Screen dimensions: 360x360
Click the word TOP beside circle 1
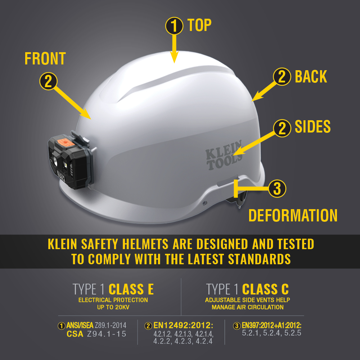(199, 25)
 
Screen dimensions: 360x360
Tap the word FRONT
(45, 59)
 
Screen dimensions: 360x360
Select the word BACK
(311, 76)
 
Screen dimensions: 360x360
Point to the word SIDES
(312, 126)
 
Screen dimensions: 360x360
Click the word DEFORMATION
(293, 215)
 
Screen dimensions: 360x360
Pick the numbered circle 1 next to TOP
(174, 26)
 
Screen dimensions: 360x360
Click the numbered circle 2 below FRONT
(48, 81)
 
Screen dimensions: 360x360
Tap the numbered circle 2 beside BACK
(282, 77)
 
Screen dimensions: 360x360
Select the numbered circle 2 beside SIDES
(282, 129)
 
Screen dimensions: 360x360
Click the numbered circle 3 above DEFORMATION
(277, 189)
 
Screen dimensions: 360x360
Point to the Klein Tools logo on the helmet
(224, 155)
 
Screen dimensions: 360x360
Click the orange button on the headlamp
(66, 142)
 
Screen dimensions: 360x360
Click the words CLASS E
(131, 289)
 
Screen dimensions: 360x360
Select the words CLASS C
(265, 289)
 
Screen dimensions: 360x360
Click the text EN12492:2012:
(183, 325)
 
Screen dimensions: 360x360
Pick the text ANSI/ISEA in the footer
(80, 325)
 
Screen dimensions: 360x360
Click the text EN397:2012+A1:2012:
(271, 325)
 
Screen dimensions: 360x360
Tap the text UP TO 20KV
(113, 307)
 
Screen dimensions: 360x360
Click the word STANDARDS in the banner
(259, 259)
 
